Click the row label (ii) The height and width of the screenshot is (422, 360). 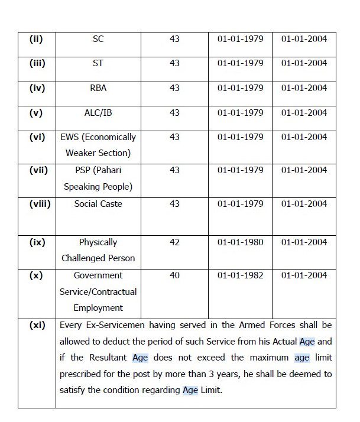point(37,39)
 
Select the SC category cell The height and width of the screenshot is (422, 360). point(98,39)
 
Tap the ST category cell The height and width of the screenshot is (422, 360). point(98,63)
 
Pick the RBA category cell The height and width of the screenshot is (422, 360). point(98,88)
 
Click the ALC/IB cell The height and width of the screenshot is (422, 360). point(98,112)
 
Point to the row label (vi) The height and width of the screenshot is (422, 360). point(37,137)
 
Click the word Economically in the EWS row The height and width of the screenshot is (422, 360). point(109,137)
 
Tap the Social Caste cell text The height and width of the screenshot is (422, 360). point(98,204)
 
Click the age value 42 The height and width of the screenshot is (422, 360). point(174,242)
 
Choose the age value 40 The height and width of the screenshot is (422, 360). point(174,275)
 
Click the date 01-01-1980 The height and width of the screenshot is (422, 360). point(240,242)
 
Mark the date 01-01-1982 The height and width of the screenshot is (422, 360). point(240,275)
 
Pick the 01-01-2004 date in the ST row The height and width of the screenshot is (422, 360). point(304,63)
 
